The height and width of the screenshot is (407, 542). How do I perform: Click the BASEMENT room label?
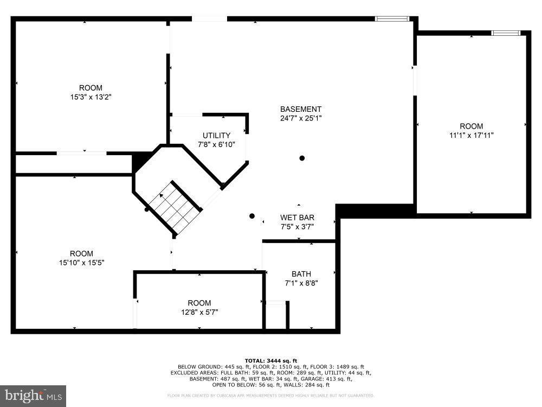(301, 109)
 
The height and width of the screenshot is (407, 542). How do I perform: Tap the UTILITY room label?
(216, 135)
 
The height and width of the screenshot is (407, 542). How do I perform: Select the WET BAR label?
(297, 218)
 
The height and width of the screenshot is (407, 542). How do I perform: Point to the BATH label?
(301, 274)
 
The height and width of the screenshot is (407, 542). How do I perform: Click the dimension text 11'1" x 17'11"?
(471, 135)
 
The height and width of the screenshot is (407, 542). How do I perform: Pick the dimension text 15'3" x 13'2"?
(91, 97)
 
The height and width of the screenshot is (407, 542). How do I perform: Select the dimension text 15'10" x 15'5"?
(81, 262)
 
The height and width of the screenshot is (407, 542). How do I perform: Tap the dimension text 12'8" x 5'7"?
(199, 311)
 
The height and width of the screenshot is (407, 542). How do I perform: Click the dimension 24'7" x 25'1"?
(301, 118)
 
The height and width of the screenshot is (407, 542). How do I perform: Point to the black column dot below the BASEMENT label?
(302, 158)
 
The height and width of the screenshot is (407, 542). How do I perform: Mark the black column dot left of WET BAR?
(251, 216)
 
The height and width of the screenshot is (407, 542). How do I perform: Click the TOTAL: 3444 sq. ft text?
(271, 360)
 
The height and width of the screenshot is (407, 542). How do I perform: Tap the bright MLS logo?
(33, 396)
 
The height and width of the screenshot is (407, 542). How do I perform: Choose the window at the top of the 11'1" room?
(505, 33)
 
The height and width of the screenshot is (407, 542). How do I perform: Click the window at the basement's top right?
(392, 19)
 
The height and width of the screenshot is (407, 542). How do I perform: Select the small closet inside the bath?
(275, 315)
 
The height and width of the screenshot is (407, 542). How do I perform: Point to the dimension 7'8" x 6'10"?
(216, 144)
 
